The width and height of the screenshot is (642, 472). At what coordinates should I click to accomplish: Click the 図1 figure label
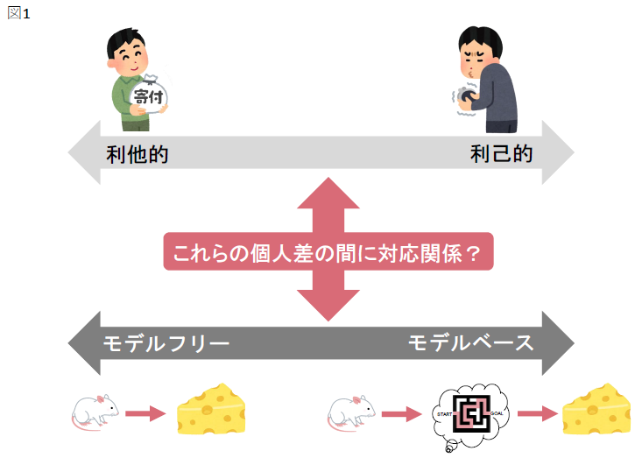click(18, 14)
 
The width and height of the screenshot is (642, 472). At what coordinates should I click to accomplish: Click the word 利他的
click(138, 155)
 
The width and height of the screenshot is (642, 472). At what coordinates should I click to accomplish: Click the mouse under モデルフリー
click(95, 411)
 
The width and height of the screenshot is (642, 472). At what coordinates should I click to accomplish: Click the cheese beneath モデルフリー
click(212, 408)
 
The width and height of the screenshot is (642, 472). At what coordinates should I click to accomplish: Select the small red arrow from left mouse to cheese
click(145, 412)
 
